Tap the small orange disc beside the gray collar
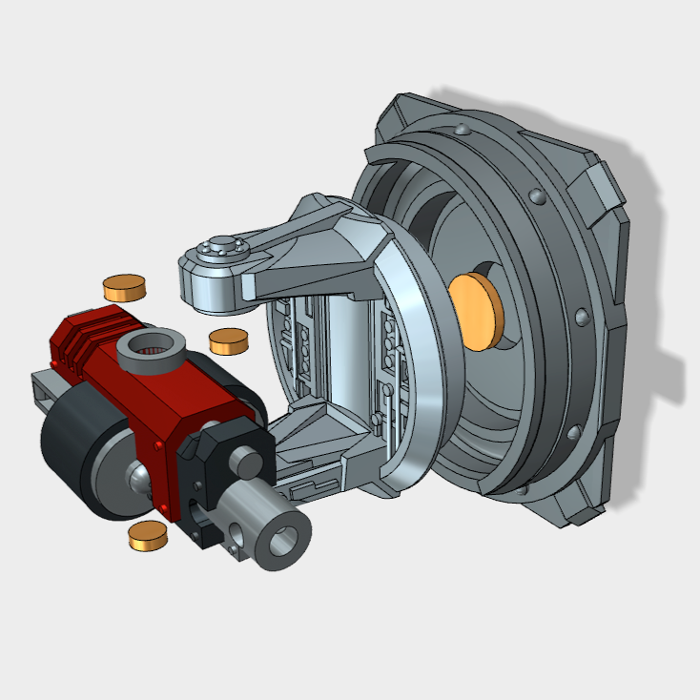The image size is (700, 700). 229,340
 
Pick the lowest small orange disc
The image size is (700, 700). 148,536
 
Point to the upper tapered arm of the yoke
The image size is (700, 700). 305,238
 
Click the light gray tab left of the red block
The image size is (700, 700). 43,387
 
